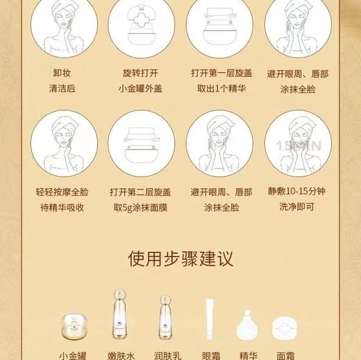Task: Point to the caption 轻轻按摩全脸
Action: [64, 191]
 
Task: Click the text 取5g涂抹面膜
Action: [140, 207]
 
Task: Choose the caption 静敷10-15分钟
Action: [297, 191]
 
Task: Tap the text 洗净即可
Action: [297, 207]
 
